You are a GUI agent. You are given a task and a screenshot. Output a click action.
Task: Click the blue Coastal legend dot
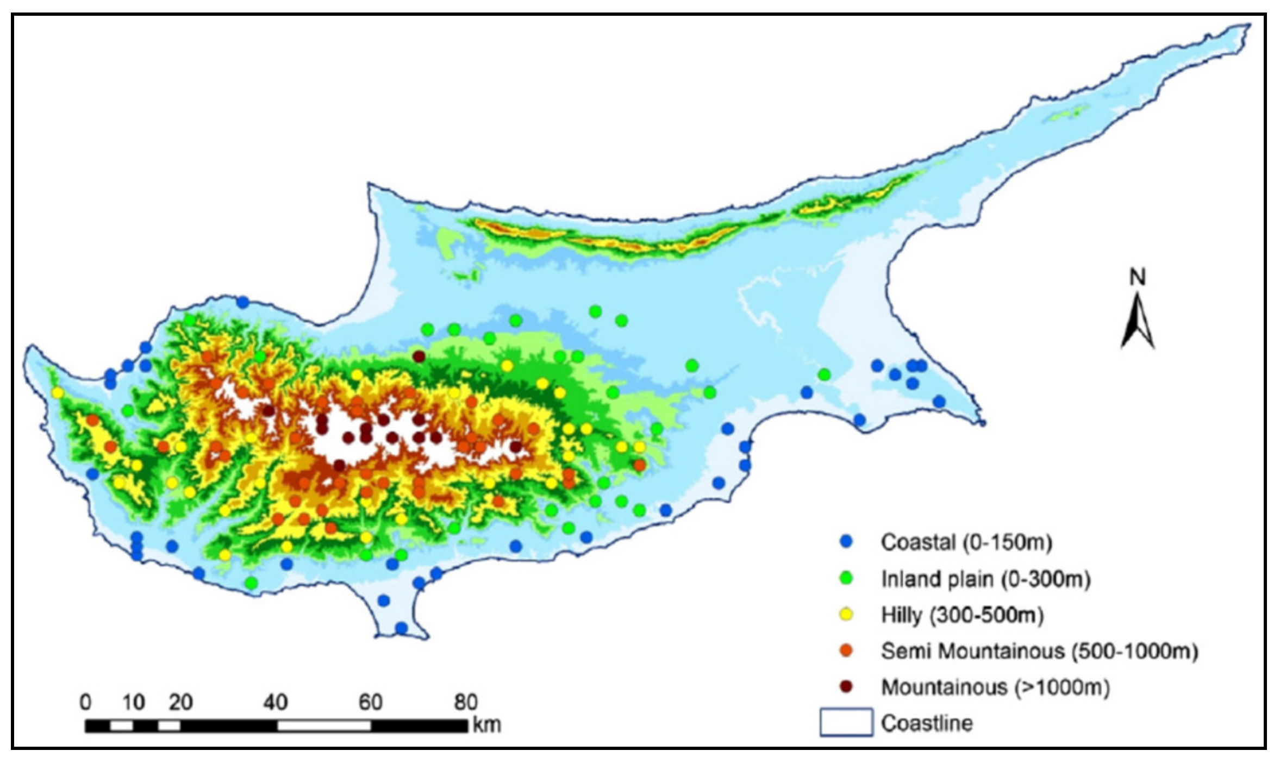(846, 542)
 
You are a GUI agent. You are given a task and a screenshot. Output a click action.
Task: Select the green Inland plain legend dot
(846, 579)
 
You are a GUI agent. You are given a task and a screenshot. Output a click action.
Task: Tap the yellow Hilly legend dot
(846, 615)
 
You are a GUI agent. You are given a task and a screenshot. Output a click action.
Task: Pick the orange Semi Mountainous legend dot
(846, 651)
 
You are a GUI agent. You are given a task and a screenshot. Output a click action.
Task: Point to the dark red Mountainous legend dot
(846, 687)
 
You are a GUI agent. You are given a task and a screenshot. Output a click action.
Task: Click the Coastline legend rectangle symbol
(846, 722)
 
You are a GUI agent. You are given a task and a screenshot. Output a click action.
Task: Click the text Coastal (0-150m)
(966, 542)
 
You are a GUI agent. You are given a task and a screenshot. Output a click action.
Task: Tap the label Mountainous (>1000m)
(995, 687)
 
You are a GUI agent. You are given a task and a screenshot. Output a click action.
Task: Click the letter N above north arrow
(1137, 278)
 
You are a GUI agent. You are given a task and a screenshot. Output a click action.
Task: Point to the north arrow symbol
(1137, 323)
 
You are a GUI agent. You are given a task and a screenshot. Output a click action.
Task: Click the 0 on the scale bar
(85, 702)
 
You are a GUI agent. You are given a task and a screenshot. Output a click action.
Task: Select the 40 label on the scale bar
(276, 702)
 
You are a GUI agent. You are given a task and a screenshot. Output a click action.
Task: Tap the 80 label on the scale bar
(466, 702)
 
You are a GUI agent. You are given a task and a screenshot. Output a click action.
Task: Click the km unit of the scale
(486, 725)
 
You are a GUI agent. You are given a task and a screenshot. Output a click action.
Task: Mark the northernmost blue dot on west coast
(242, 302)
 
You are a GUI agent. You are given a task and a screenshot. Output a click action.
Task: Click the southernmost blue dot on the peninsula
(401, 628)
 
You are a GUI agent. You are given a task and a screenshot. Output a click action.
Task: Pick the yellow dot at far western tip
(57, 392)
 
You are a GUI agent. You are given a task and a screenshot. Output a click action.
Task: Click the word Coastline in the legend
(927, 723)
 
